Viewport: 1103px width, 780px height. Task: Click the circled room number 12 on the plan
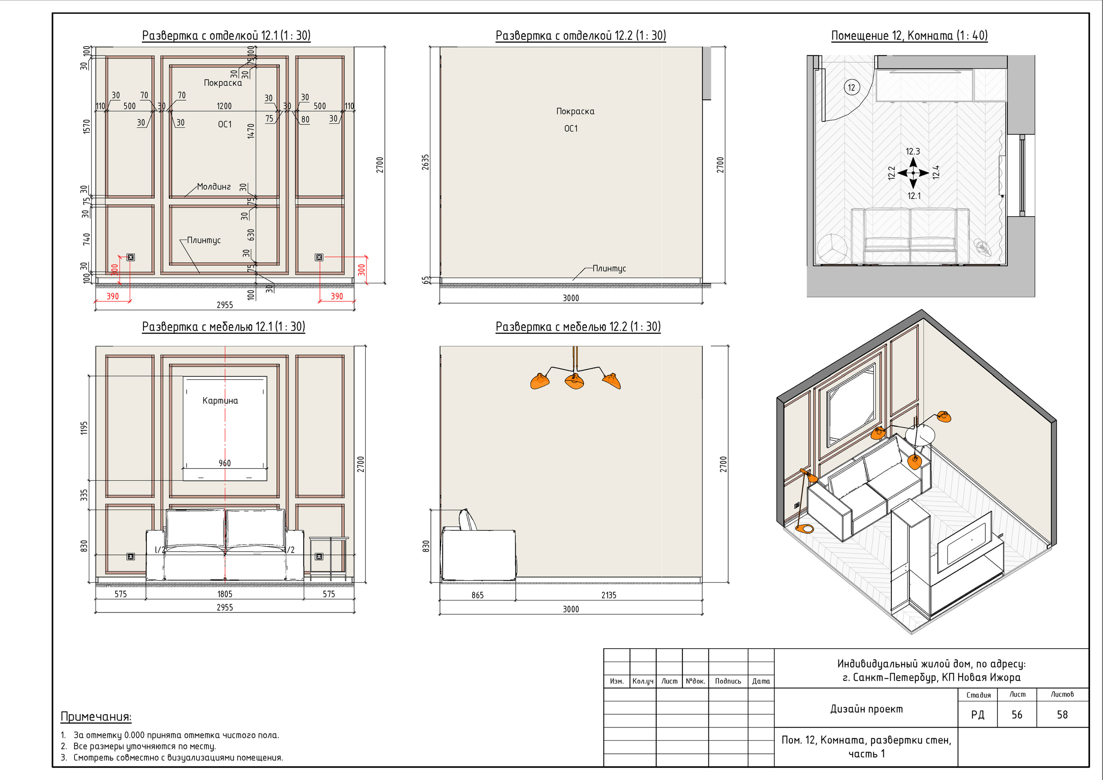(852, 87)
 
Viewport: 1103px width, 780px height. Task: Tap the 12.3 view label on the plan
(913, 151)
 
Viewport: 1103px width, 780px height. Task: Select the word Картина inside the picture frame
(220, 401)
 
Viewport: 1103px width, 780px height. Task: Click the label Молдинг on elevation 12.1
(214, 186)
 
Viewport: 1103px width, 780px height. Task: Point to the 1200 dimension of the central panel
(224, 106)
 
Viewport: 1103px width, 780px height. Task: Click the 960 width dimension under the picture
(225, 463)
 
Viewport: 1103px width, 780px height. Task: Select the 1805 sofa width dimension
(225, 594)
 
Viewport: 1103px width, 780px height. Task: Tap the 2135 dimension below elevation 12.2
(609, 595)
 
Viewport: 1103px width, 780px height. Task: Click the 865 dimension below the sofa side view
(477, 595)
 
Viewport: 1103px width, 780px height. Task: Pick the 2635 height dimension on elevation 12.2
(425, 162)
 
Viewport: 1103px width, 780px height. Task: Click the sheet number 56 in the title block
(1016, 715)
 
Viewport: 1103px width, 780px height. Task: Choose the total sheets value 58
(1062, 715)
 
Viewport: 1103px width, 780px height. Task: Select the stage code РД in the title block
(978, 715)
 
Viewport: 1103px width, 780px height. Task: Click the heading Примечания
(96, 717)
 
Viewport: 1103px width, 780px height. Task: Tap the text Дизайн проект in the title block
(866, 709)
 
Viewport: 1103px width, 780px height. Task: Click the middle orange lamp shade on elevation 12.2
(575, 381)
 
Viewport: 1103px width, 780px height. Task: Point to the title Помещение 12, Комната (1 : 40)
(910, 36)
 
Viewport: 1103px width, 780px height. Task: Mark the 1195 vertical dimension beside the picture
(84, 428)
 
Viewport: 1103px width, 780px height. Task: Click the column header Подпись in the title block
(728, 681)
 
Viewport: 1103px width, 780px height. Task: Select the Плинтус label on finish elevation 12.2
(609, 268)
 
